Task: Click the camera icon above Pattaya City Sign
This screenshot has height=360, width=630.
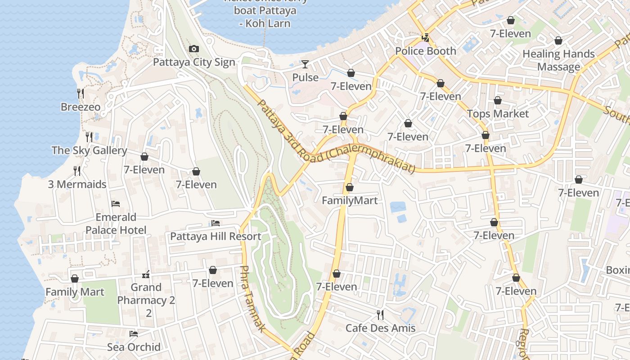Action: (x=194, y=49)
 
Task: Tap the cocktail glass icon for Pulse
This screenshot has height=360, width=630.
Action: (x=305, y=64)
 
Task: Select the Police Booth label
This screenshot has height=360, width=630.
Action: (x=425, y=51)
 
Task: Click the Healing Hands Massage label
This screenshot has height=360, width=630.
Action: (x=558, y=60)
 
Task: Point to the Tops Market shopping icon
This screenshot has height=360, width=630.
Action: (x=497, y=100)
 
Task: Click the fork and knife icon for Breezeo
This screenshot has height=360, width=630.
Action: (x=80, y=94)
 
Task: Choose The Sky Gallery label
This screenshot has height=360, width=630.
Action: (x=89, y=150)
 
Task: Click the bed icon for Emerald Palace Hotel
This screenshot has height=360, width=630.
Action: (x=116, y=204)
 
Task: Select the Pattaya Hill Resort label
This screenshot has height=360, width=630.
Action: (x=216, y=236)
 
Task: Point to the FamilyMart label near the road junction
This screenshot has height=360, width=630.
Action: (x=350, y=200)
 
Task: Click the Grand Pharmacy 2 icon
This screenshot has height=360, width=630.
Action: (x=146, y=274)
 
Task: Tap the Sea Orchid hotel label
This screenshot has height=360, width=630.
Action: (x=134, y=347)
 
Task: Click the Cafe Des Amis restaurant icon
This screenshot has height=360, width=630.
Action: (x=380, y=314)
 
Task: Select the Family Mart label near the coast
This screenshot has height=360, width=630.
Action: (x=75, y=292)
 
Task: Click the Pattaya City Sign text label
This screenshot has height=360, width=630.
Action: (x=194, y=62)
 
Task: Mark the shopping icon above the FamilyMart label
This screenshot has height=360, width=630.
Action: (x=350, y=187)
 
